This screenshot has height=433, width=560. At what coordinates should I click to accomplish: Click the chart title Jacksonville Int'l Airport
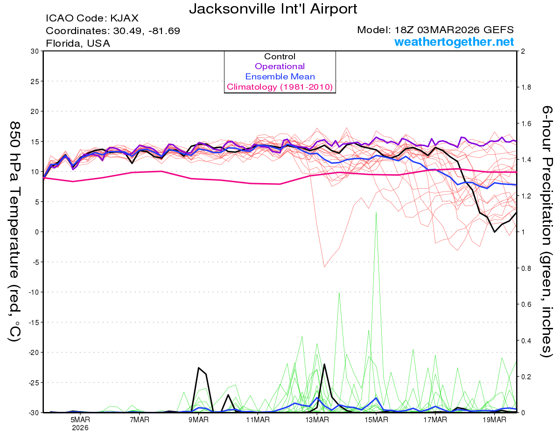(273, 9)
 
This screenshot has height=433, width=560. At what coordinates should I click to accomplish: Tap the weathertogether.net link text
(454, 42)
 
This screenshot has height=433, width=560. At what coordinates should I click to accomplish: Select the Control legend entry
(280, 57)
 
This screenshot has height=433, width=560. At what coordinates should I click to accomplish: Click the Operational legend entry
(280, 66)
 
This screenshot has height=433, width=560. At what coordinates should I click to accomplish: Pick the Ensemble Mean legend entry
(280, 77)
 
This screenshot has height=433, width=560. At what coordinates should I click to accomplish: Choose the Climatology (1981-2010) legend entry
(280, 87)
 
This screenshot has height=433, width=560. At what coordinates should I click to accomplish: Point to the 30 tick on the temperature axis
(34, 51)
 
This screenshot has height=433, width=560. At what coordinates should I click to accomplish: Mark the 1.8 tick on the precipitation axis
(526, 87)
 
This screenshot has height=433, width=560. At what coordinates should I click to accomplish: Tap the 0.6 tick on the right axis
(526, 304)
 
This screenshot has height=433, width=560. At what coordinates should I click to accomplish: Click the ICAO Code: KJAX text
(92, 19)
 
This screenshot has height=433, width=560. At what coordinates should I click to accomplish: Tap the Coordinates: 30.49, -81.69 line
(113, 31)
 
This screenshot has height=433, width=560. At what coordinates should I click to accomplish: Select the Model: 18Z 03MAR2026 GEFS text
(435, 30)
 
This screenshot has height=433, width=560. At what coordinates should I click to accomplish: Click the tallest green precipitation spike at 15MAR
(376, 213)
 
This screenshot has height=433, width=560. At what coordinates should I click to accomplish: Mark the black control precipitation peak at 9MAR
(199, 368)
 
